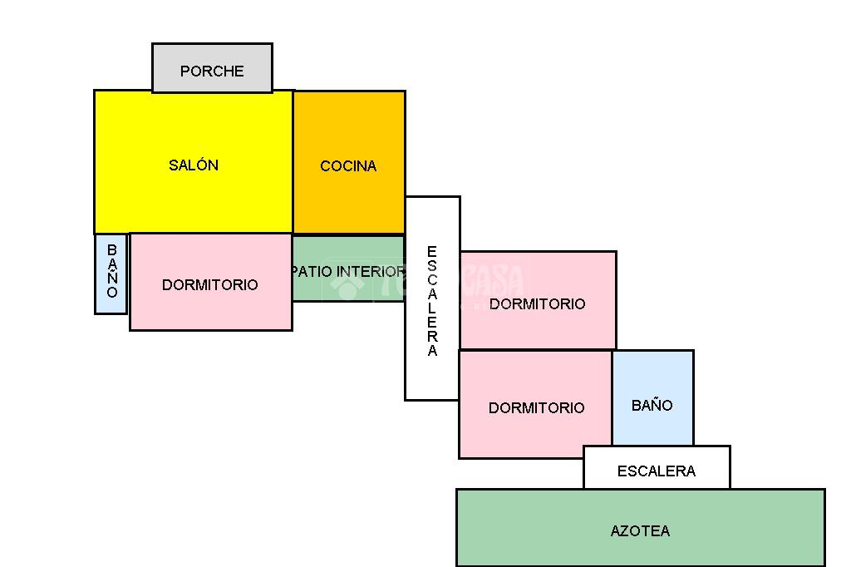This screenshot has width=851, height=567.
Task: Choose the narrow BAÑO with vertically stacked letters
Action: click(111, 273)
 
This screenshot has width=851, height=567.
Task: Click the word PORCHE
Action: click(212, 71)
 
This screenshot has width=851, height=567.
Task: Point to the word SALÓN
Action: click(194, 165)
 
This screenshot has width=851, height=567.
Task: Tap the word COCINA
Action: click(348, 166)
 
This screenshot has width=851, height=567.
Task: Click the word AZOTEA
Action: click(640, 531)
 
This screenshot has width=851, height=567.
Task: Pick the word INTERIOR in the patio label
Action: click(370, 271)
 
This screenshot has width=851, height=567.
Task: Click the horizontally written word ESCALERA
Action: click(657, 471)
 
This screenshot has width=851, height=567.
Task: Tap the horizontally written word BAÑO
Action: click(652, 406)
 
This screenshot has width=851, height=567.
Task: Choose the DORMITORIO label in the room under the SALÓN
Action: click(210, 285)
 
